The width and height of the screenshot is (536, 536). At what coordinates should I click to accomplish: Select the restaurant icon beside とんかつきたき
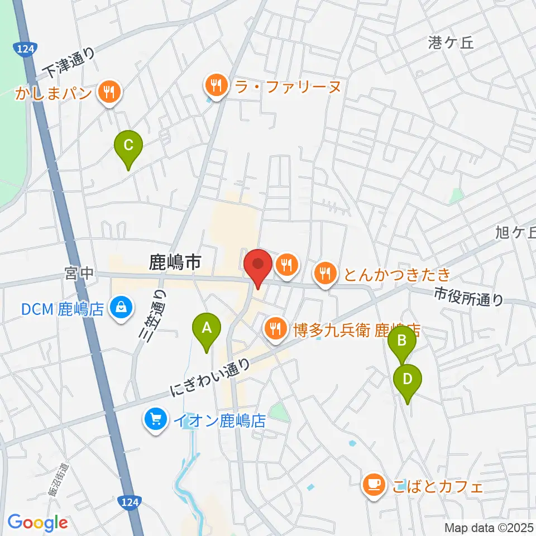point(325,274)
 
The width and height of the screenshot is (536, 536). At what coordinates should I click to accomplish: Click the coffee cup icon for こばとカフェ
point(373,483)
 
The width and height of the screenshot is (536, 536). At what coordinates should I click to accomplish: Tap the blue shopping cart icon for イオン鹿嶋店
point(155,420)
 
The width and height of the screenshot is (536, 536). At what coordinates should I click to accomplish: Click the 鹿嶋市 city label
point(175,262)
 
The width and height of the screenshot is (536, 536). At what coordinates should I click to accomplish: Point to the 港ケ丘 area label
point(451,42)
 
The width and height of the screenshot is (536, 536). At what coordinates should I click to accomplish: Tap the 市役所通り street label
point(468,296)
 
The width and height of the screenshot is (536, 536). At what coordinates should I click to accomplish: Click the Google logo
point(37,523)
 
